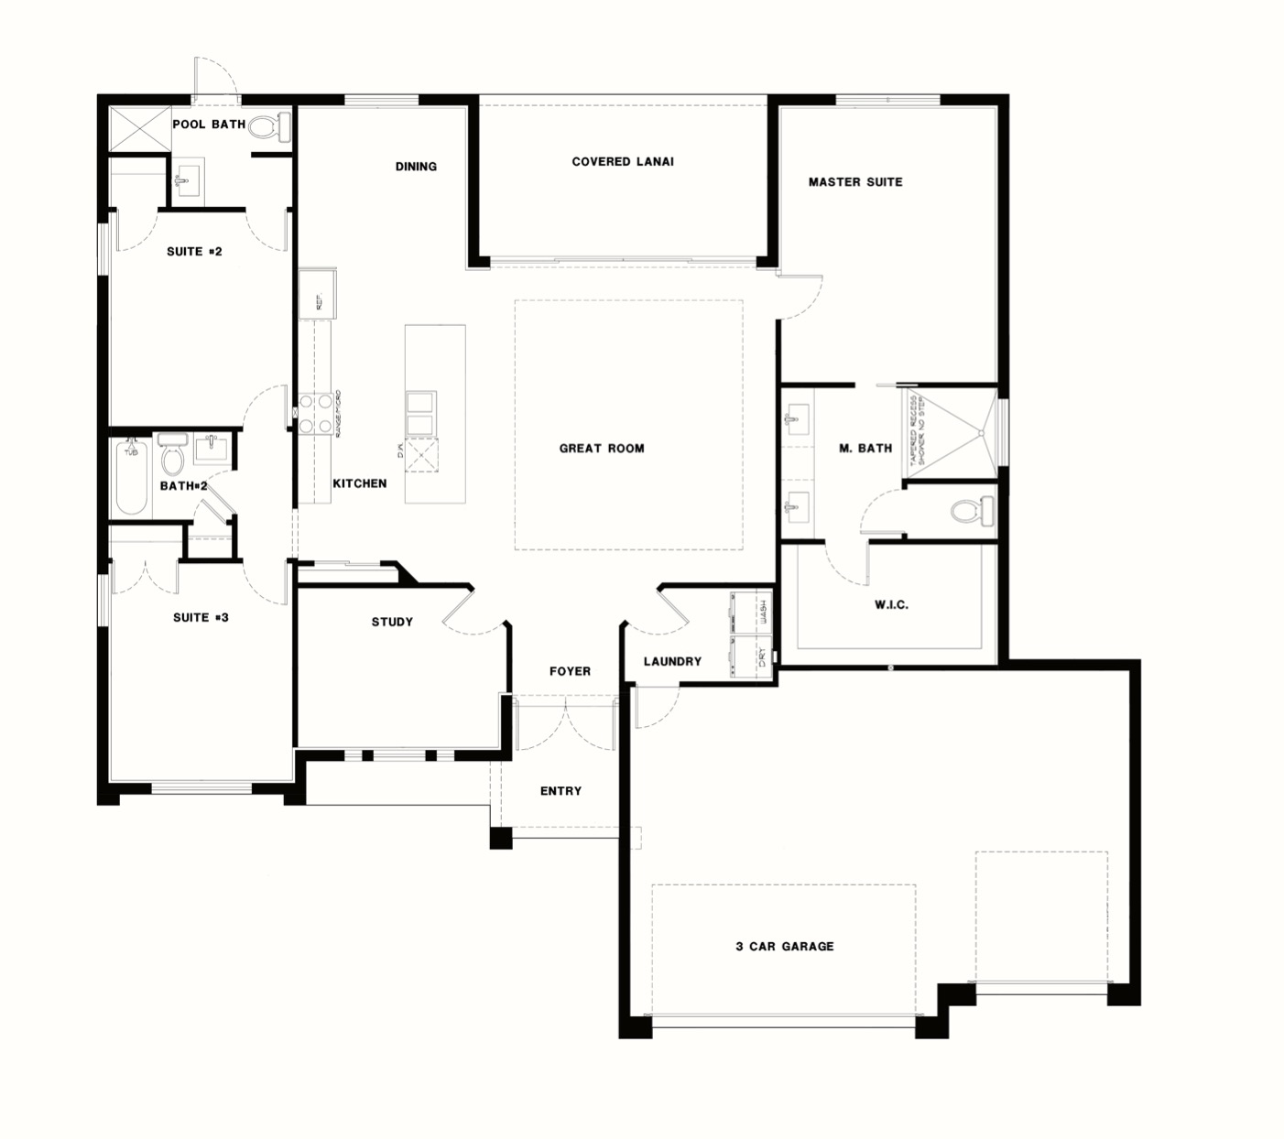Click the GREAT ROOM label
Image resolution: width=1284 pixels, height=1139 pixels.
[x=602, y=449]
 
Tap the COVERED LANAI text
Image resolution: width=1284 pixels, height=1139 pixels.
[x=623, y=162]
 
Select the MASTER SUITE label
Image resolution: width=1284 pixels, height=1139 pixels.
[x=855, y=182]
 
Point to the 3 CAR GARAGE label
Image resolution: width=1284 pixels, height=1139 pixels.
[x=785, y=947]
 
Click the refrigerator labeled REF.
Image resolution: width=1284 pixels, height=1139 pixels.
[x=317, y=294]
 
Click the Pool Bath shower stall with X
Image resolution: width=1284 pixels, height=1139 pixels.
[x=139, y=126]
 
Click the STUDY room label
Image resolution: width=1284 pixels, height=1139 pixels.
[x=392, y=623]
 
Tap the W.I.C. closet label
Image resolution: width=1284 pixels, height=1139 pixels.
[x=891, y=605]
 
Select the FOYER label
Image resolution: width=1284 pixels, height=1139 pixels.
[x=570, y=672]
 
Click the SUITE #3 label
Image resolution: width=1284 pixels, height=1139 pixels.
[x=201, y=618]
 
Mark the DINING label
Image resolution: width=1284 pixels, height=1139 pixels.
[x=416, y=167]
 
